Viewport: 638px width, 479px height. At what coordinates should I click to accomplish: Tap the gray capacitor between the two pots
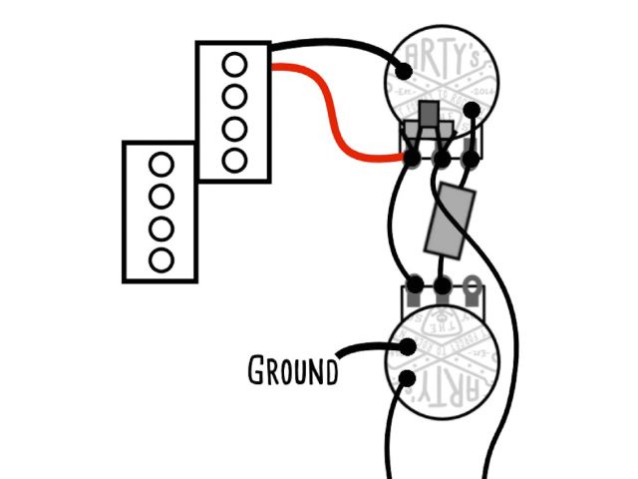pos(442,220)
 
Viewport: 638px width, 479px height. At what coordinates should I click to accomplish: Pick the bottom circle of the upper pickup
pos(234,160)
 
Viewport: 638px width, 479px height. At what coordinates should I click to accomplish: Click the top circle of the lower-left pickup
pos(159,163)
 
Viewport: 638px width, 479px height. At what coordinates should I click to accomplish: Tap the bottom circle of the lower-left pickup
pos(159,259)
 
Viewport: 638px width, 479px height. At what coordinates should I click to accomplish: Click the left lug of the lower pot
pos(411,286)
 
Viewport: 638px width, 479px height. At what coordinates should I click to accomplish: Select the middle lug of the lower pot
pos(440,286)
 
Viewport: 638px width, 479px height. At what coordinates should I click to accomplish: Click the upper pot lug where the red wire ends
pos(411,156)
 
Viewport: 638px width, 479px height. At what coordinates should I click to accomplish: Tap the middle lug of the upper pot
pos(440,156)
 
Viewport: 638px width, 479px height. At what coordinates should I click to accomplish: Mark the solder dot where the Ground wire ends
pos(407,348)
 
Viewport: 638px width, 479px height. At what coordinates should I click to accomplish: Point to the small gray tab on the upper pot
pos(430,118)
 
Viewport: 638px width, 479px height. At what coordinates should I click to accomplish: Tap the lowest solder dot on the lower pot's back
pos(407,378)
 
